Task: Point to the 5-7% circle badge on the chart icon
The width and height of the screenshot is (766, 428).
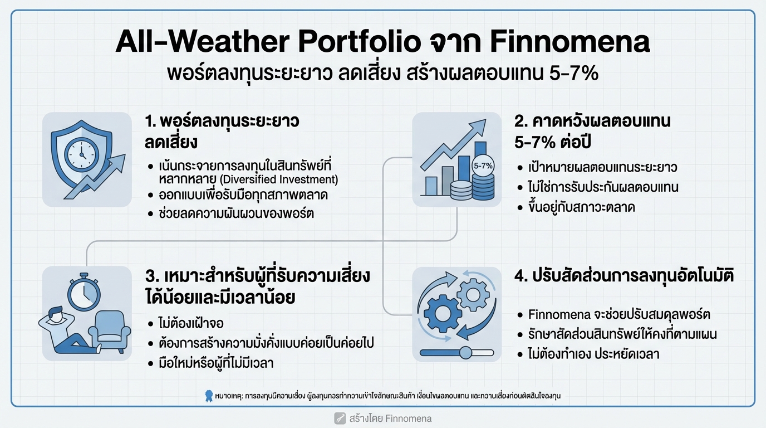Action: (x=482, y=166)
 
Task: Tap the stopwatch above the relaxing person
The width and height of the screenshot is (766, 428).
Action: (x=84, y=291)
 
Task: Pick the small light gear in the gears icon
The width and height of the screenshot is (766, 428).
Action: (x=473, y=291)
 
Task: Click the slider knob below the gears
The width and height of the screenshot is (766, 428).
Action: (x=465, y=352)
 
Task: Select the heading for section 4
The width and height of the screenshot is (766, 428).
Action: (x=624, y=276)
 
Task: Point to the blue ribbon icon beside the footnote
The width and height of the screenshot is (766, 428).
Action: (x=209, y=396)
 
